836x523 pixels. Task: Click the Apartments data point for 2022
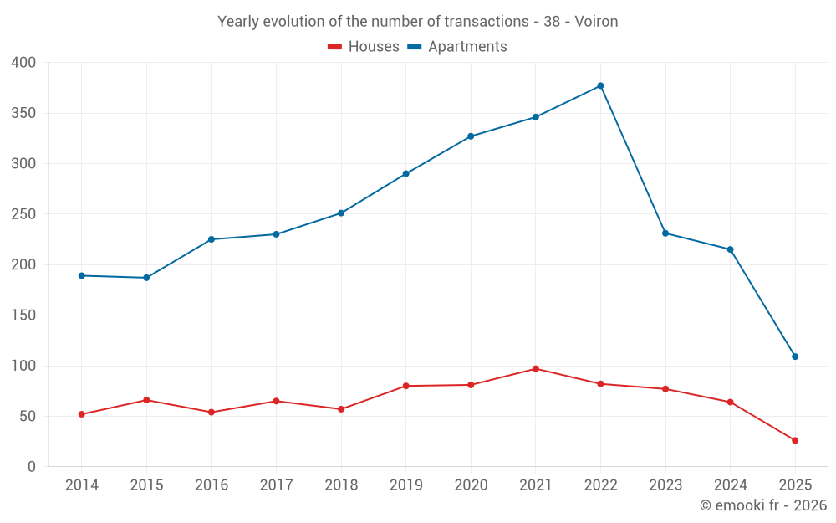pyautogui.click(x=600, y=85)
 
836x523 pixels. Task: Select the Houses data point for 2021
pyautogui.click(x=536, y=368)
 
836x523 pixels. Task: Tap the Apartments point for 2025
pyautogui.click(x=795, y=356)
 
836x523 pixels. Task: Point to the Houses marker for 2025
pyautogui.click(x=795, y=440)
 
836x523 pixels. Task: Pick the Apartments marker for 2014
pyautogui.click(x=81, y=275)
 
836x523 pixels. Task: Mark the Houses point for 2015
pyautogui.click(x=146, y=400)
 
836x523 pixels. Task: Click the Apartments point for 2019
pyautogui.click(x=405, y=173)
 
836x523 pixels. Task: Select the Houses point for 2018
pyautogui.click(x=341, y=409)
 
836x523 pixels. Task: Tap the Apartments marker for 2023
pyautogui.click(x=665, y=233)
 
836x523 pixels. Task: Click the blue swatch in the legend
pyautogui.click(x=415, y=47)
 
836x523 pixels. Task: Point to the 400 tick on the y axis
pyautogui.click(x=23, y=62)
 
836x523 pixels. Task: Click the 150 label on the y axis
pyautogui.click(x=23, y=315)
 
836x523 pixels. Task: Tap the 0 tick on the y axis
pyautogui.click(x=32, y=467)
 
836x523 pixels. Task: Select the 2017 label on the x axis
pyautogui.click(x=276, y=485)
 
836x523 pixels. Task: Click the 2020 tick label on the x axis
pyautogui.click(x=471, y=485)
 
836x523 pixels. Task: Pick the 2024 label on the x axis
pyautogui.click(x=730, y=485)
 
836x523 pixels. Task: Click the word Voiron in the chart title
pyautogui.click(x=596, y=22)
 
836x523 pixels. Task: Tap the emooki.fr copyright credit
pyautogui.click(x=762, y=505)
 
